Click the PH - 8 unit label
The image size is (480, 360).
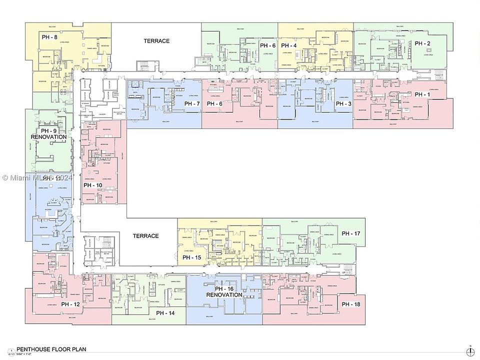(x=49, y=37)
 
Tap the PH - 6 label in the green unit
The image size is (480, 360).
(x=267, y=45)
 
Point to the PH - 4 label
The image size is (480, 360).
(x=288, y=45)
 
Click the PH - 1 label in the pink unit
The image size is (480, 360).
(x=422, y=94)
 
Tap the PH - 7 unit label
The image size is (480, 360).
(x=192, y=104)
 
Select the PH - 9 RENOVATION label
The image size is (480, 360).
(x=48, y=134)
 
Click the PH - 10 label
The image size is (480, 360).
(x=93, y=185)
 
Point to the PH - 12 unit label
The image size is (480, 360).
(x=70, y=304)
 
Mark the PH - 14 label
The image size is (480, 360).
(x=165, y=313)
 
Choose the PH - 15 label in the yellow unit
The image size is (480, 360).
(x=191, y=257)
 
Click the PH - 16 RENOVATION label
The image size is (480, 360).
(x=224, y=292)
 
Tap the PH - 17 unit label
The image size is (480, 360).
(x=350, y=233)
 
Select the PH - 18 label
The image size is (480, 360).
(x=350, y=304)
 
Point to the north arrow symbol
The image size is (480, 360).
(x=470, y=349)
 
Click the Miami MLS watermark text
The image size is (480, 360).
(x=37, y=177)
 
